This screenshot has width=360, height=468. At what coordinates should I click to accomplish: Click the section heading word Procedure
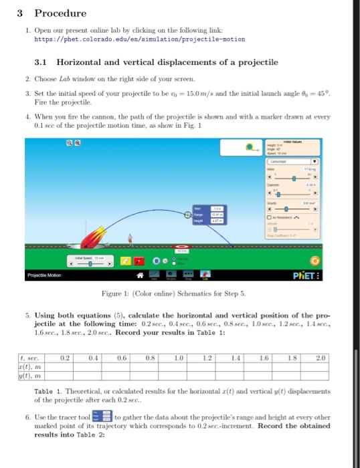(x=60, y=13)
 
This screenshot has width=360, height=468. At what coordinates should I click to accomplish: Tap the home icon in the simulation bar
(x=141, y=275)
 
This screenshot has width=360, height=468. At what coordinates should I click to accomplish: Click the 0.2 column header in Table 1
(x=65, y=358)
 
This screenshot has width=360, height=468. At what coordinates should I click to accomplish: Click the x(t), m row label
(x=30, y=366)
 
